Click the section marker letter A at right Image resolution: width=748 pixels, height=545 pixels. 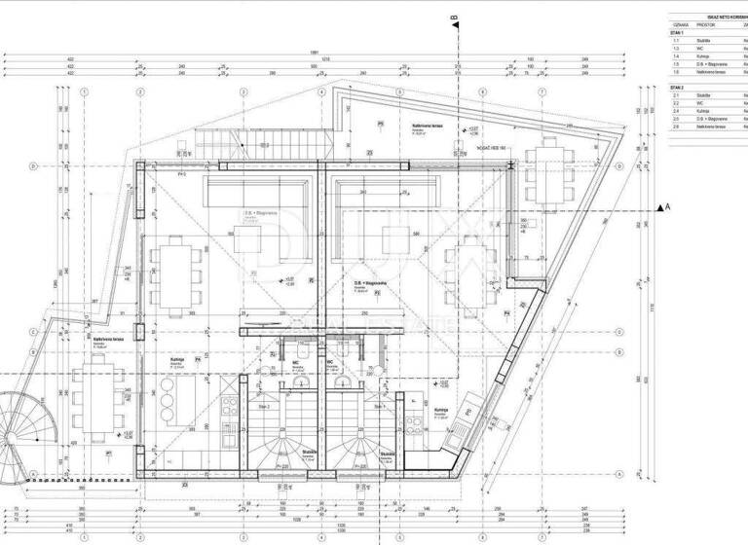[667, 207]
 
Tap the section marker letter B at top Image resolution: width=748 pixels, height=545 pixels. [454, 18]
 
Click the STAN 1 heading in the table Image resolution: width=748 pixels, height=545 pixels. [678, 32]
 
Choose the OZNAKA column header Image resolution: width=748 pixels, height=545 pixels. [680, 25]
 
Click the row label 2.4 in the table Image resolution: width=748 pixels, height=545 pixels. [676, 110]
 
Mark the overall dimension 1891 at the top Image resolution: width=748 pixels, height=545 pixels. [314, 52]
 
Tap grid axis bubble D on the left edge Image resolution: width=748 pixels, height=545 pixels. [34, 165]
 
